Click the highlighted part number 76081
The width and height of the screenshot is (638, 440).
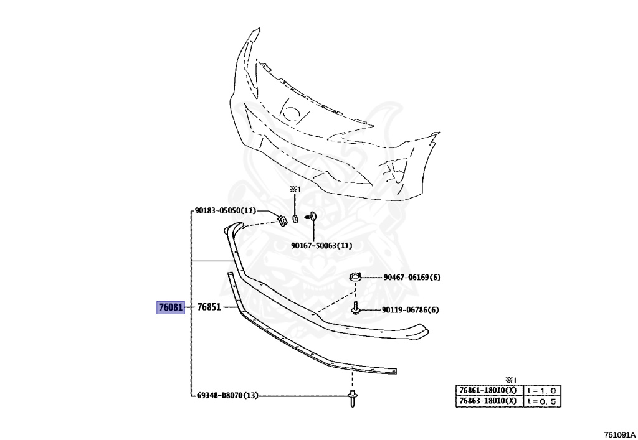[x=170, y=307]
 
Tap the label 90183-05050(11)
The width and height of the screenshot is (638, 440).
[x=225, y=211]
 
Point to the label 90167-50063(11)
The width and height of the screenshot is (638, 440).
[x=321, y=245]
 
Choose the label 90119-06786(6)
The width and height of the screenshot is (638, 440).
[x=411, y=310]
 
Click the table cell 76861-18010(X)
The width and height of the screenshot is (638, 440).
[x=488, y=390]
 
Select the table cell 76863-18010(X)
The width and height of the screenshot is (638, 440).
[x=488, y=401]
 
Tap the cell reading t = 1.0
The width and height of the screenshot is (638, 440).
[x=542, y=390]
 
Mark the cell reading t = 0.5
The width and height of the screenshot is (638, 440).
[x=542, y=401]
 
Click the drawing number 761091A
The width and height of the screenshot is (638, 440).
[x=619, y=434]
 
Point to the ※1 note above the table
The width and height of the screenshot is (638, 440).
[x=511, y=379]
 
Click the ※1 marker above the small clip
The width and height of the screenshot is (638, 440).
[x=294, y=189]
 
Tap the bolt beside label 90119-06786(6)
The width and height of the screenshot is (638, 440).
[x=355, y=309]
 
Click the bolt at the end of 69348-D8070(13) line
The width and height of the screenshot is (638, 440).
[x=351, y=398]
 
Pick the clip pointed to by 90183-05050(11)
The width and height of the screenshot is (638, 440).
[x=282, y=218]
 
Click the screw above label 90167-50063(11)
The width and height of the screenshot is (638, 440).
[x=311, y=217]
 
